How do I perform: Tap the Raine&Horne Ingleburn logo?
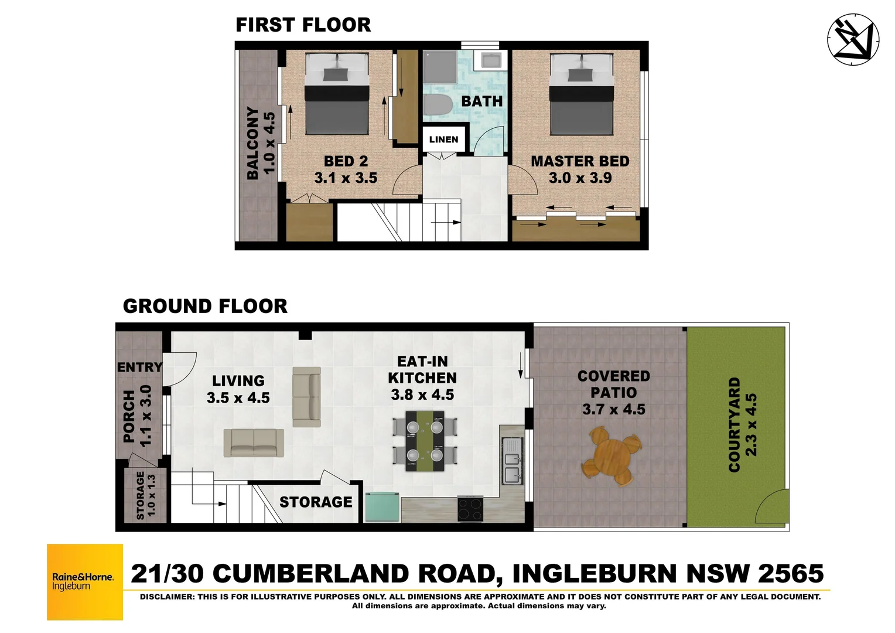point(85,581)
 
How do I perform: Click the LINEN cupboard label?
point(443,139)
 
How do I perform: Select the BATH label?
point(481,101)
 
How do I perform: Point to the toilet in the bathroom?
point(436,106)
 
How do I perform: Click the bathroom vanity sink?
point(489,60)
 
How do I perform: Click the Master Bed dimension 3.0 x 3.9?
point(580,178)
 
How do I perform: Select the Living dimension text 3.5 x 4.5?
point(238,398)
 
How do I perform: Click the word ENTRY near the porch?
point(139,367)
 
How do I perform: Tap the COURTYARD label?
point(734,424)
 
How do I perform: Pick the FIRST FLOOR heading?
point(303,25)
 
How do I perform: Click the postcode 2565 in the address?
point(791,573)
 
